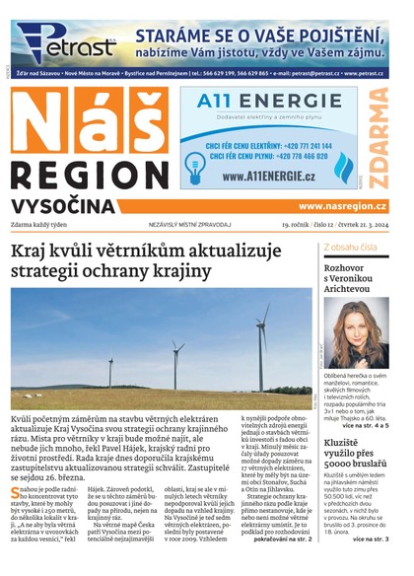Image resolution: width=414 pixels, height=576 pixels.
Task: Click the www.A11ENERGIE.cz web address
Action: pyautogui.click(x=269, y=177)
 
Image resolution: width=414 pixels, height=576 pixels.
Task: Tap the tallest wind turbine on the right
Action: pyautogui.click(x=262, y=345)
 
